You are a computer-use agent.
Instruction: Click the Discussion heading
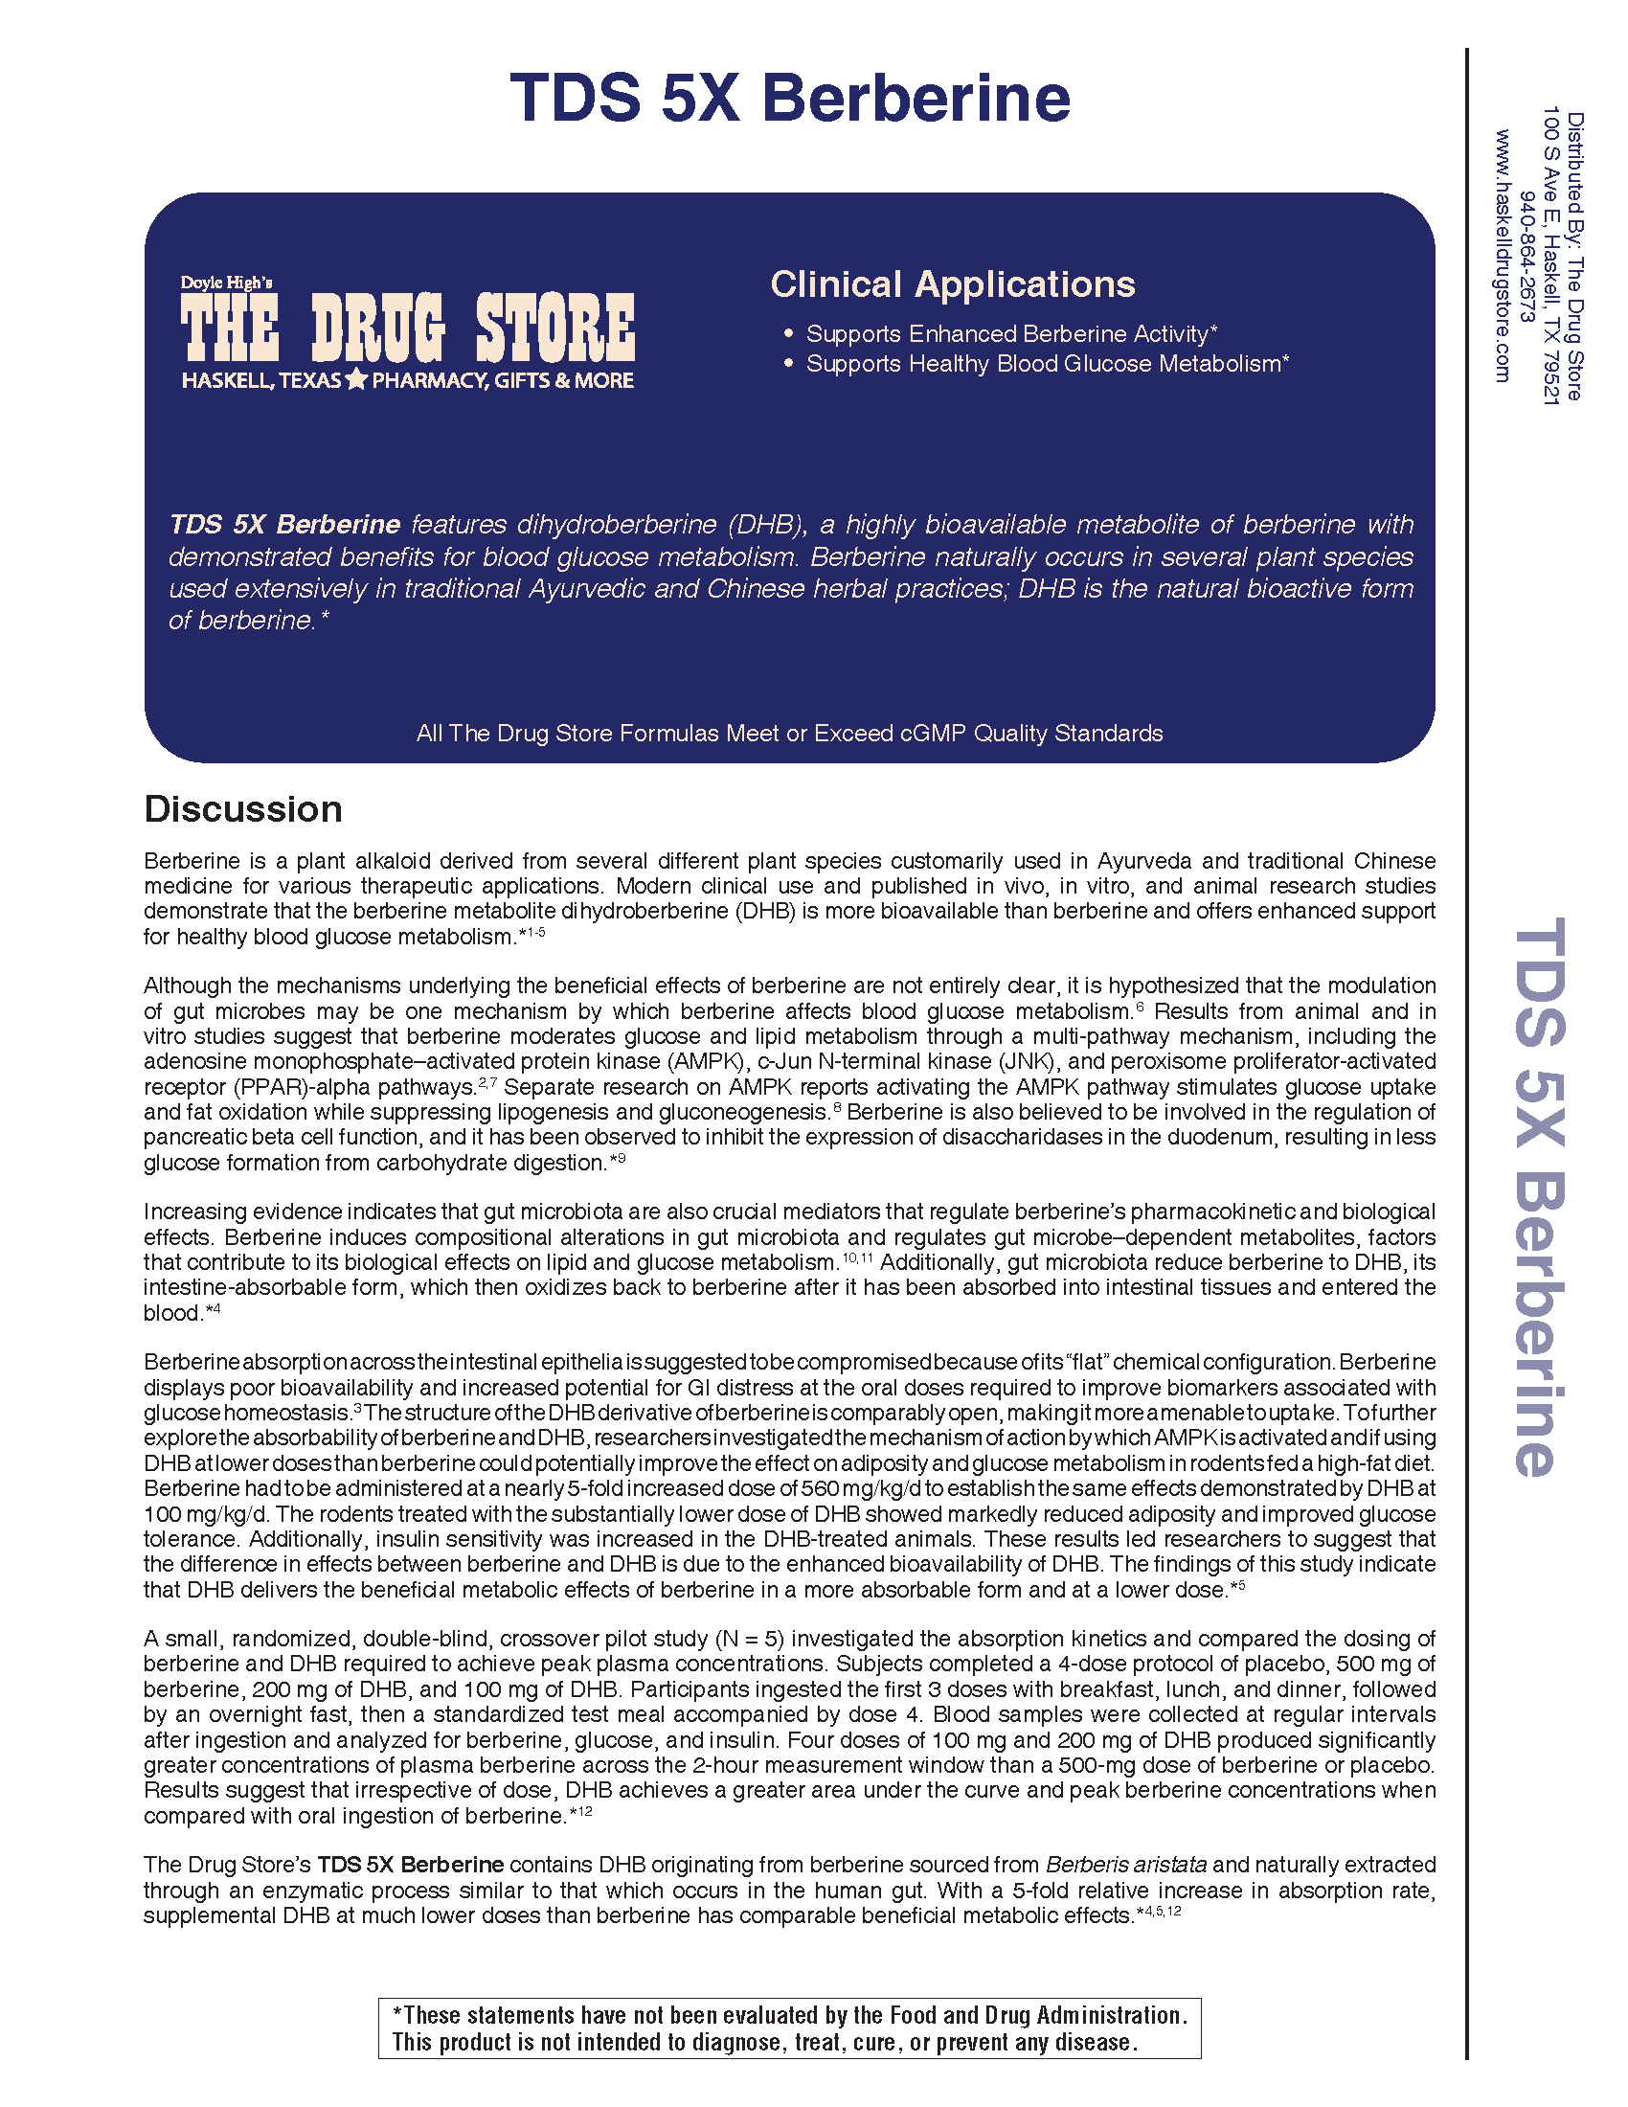[243, 808]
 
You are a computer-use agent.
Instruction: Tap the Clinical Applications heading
[952, 284]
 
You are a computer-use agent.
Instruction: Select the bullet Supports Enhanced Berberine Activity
[1010, 334]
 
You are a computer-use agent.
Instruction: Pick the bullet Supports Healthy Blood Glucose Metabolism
[1047, 364]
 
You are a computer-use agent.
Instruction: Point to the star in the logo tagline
[356, 380]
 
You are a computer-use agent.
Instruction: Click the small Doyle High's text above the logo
[227, 283]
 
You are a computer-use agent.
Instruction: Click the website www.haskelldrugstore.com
[1503, 256]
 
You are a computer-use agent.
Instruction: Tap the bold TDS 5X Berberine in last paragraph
[411, 1865]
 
